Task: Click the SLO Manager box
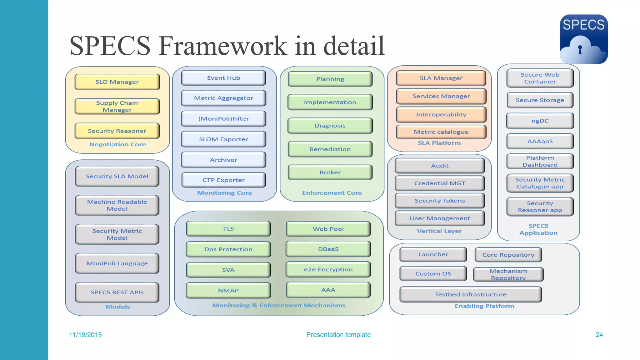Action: pos(117,82)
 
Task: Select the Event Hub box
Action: pos(223,78)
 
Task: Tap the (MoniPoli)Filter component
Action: pos(223,119)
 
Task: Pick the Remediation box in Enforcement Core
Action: pos(330,149)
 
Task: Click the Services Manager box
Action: pos(441,96)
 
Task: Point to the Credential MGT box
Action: pos(440,183)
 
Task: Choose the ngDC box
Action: pos(540,121)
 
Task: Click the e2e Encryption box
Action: pos(328,269)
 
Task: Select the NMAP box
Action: pos(228,291)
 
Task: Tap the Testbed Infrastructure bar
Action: pos(471,294)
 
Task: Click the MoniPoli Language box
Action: pos(117,263)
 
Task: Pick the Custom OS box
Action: pos(433,274)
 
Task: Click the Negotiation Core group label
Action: pos(117,144)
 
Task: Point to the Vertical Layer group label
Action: pos(439,231)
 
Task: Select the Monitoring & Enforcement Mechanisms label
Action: pos(279,305)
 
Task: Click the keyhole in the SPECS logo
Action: pos(580,49)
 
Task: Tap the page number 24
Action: pos(599,335)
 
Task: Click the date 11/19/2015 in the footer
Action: pos(85,335)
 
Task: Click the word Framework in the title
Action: pos(223,46)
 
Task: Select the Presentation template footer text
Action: pos(338,335)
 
